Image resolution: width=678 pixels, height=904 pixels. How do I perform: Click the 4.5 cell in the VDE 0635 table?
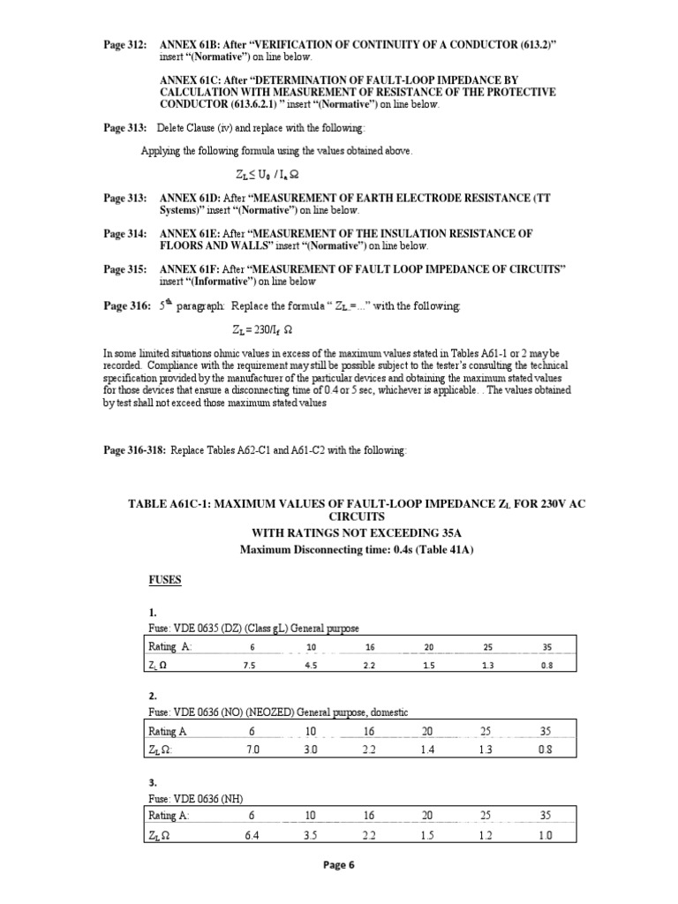point(311,666)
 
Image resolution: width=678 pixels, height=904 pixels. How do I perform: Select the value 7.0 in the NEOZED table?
point(252,750)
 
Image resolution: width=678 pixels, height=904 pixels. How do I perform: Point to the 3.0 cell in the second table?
point(311,750)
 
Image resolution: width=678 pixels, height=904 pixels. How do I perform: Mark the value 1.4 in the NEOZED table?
point(427,750)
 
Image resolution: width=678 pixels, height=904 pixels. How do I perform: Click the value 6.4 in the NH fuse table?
point(252,834)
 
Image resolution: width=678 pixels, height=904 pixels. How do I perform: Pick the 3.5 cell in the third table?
point(311,834)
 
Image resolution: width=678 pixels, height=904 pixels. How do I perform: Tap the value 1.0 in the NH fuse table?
point(546,834)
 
